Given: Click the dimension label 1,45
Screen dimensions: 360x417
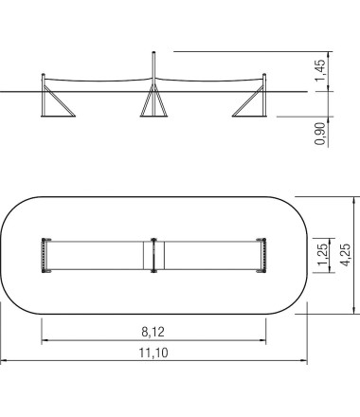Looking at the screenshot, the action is point(319,70).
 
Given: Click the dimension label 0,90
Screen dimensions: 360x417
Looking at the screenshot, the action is point(319,134).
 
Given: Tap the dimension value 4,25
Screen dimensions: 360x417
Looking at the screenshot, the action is point(346,255).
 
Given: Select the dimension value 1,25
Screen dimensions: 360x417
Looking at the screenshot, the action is point(322,255).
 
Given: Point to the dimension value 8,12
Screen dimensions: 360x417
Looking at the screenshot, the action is point(153,332).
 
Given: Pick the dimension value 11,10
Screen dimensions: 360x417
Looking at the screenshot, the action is point(153,353).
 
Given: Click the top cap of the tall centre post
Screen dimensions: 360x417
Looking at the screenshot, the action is point(153,52).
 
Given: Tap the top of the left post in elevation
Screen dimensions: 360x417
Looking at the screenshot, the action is point(44,75).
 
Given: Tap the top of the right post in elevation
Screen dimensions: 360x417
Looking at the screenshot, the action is point(264,75).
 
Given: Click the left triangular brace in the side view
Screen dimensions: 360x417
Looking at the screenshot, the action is point(59,101).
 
